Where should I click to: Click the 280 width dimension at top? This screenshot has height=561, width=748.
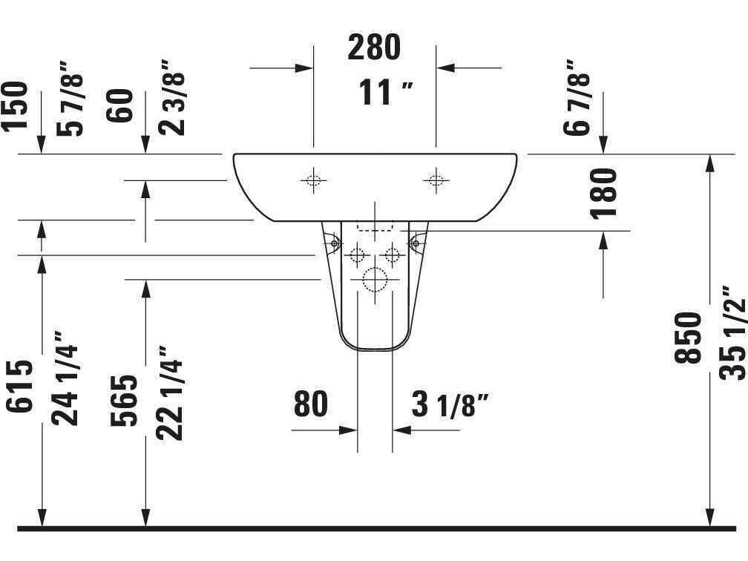click(374, 47)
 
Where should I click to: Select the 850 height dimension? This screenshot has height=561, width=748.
click(689, 338)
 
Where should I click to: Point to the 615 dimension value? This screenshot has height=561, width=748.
click(21, 385)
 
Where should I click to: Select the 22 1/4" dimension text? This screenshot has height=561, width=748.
click(170, 394)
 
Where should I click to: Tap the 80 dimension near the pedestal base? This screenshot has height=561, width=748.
click(310, 404)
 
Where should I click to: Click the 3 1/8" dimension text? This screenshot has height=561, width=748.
click(450, 405)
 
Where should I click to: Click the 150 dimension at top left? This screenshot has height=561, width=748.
click(15, 106)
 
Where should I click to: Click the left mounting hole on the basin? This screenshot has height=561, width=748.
click(313, 180)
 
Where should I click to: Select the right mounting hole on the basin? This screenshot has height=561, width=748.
click(436, 180)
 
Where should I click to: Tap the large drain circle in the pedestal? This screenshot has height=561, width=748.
click(375, 280)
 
